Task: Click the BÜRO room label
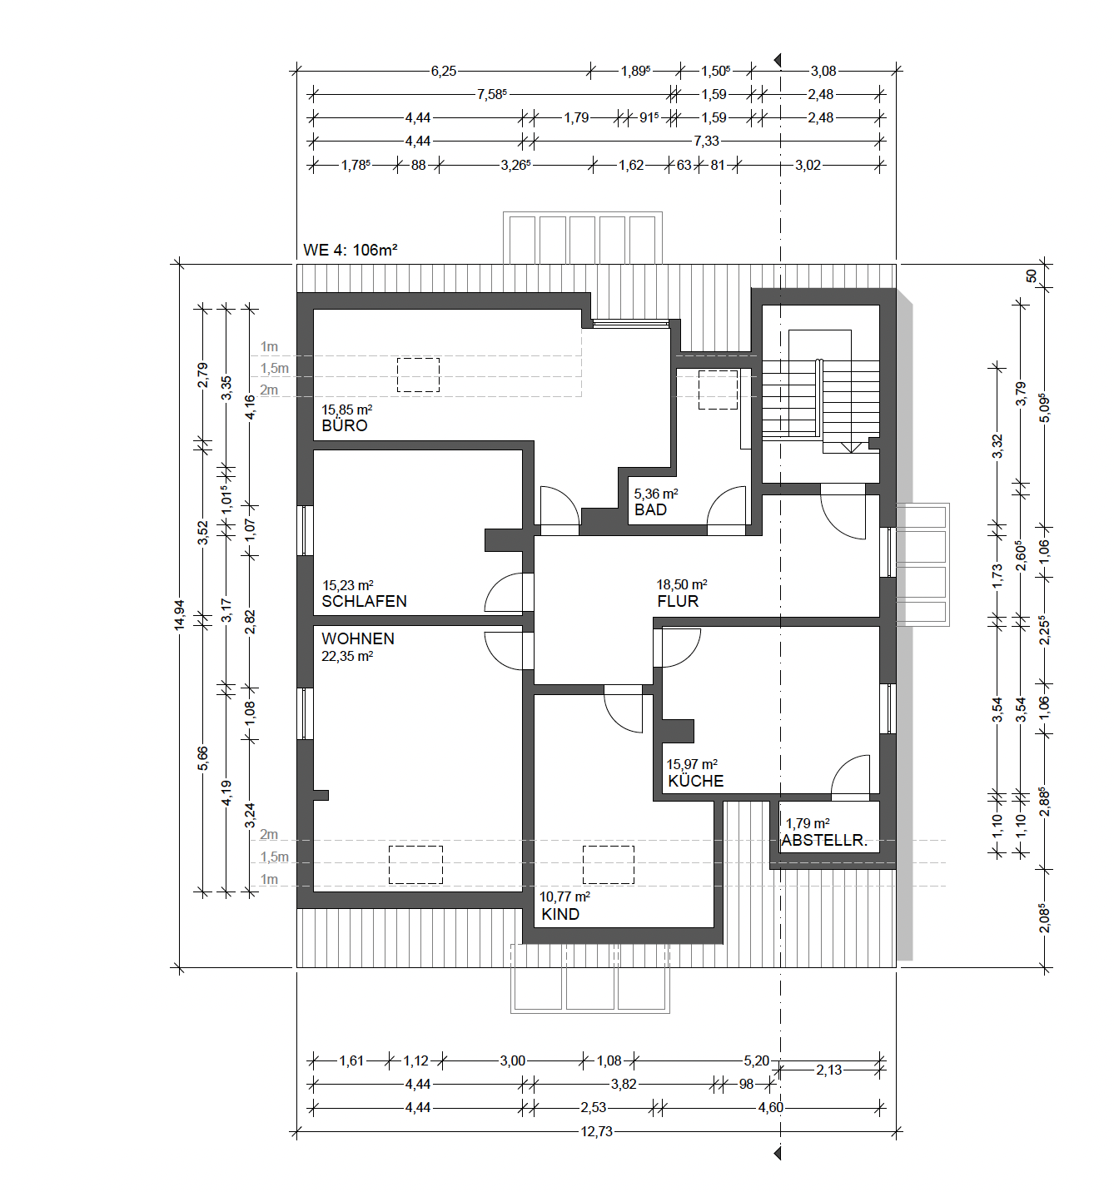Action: (x=344, y=425)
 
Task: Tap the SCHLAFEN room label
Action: (x=364, y=601)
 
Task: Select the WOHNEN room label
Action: (x=358, y=638)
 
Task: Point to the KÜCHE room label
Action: (x=695, y=781)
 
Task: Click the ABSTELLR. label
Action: (x=824, y=840)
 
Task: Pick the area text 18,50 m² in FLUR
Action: (x=682, y=584)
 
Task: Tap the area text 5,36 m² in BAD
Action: (x=656, y=494)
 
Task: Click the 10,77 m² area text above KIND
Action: (x=564, y=896)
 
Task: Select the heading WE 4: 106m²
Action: (x=351, y=250)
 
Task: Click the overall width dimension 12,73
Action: (x=596, y=1131)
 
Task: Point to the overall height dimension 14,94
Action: (x=180, y=615)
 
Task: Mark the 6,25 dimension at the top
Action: (x=444, y=71)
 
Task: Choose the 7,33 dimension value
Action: (x=706, y=141)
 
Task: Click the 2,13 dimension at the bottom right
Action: (x=828, y=1070)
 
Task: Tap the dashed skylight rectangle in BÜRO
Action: (x=418, y=375)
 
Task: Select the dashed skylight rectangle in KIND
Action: (x=609, y=864)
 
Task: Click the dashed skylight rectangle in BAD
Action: (x=718, y=390)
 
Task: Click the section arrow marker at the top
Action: (x=777, y=60)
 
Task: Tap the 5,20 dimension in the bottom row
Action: (x=757, y=1060)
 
